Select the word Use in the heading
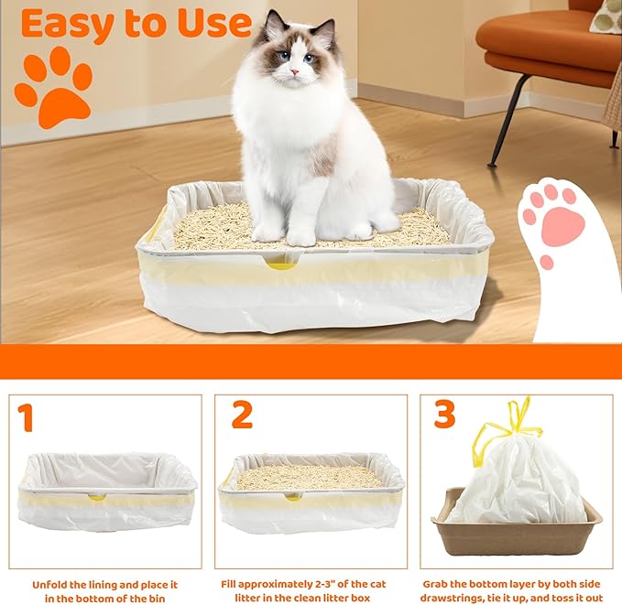[214, 24]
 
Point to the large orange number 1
[26, 417]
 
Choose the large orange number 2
[242, 415]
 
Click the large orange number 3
[444, 415]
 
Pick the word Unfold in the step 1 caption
[51, 584]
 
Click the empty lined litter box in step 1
[107, 490]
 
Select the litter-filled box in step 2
[311, 490]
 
